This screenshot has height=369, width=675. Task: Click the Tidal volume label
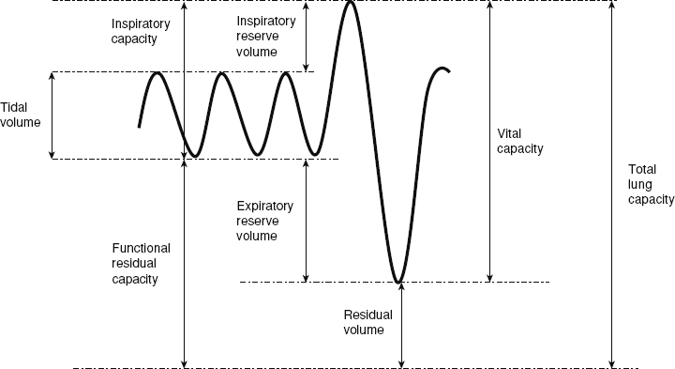pyautogui.click(x=21, y=114)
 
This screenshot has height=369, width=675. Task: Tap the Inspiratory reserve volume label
pyautogui.click(x=257, y=36)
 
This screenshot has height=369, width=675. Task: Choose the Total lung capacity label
pyautogui.click(x=651, y=184)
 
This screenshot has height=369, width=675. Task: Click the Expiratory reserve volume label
pyautogui.click(x=265, y=221)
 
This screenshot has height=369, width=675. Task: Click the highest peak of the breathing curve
pyautogui.click(x=351, y=4)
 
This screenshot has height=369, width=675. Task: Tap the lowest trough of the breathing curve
pyautogui.click(x=398, y=281)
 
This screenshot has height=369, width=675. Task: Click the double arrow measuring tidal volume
pyautogui.click(x=52, y=115)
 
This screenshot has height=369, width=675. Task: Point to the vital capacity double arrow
pyautogui.click(x=488, y=141)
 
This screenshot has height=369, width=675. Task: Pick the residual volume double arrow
pyautogui.click(x=402, y=324)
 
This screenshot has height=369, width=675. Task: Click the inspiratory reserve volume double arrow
pyautogui.click(x=307, y=37)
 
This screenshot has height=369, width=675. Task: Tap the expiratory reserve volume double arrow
pyautogui.click(x=307, y=220)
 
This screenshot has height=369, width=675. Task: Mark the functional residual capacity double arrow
pyautogui.click(x=185, y=263)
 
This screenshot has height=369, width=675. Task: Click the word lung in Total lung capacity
pyautogui.click(x=639, y=184)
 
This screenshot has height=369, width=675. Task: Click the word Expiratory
pyautogui.click(x=265, y=206)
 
